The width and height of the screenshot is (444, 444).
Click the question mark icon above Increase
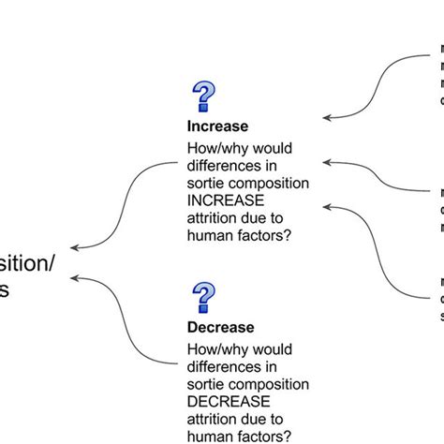click(x=203, y=97)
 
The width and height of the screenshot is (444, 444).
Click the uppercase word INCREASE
click(x=227, y=200)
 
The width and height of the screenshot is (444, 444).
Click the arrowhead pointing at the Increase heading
click(x=325, y=118)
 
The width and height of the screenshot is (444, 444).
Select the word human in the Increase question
click(x=212, y=235)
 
